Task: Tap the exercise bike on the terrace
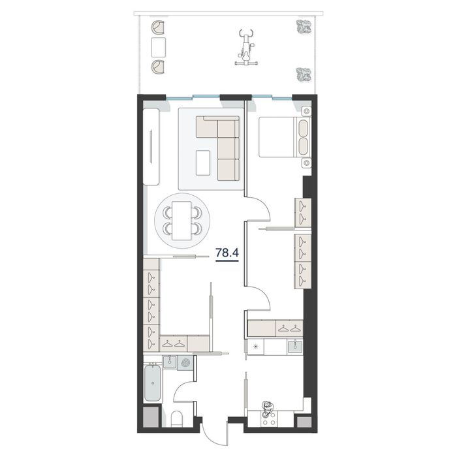pyautogui.click(x=246, y=47)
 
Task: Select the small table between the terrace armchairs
pyautogui.click(x=159, y=47)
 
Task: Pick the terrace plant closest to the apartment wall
pyautogui.click(x=303, y=74)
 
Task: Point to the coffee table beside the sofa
pyautogui.click(x=203, y=163)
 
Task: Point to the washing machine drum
pyautogui.click(x=186, y=363)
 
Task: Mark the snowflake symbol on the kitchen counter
pyautogui.click(x=255, y=347)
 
